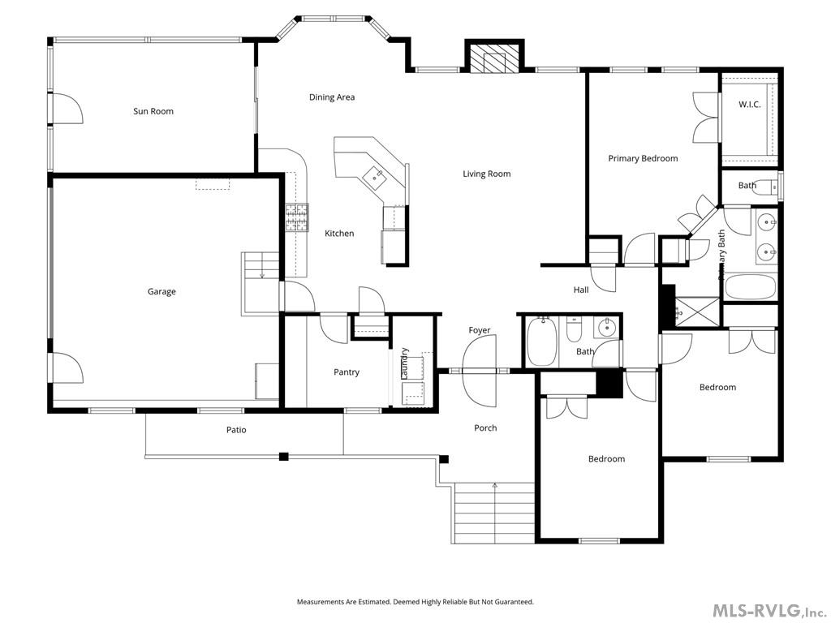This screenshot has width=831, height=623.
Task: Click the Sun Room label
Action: [x=153, y=111]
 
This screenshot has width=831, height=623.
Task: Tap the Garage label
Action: [x=161, y=292]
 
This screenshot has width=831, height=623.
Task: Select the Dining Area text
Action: [x=332, y=97]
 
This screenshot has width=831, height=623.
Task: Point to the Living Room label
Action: [x=487, y=174]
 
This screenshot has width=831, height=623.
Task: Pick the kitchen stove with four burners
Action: [x=297, y=217]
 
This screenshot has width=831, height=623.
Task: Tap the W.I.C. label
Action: [x=749, y=105]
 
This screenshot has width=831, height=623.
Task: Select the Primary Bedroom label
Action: [x=643, y=158]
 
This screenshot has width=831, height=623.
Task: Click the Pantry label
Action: [x=347, y=372]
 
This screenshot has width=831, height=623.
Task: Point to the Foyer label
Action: [x=480, y=330]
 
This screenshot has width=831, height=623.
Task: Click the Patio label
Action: [x=236, y=430]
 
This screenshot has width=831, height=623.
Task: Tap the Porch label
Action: [x=485, y=428]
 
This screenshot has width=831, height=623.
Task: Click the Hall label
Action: [x=581, y=290]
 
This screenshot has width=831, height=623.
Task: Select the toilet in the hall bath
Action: [x=574, y=331]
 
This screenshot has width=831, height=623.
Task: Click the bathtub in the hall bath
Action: [x=541, y=342]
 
